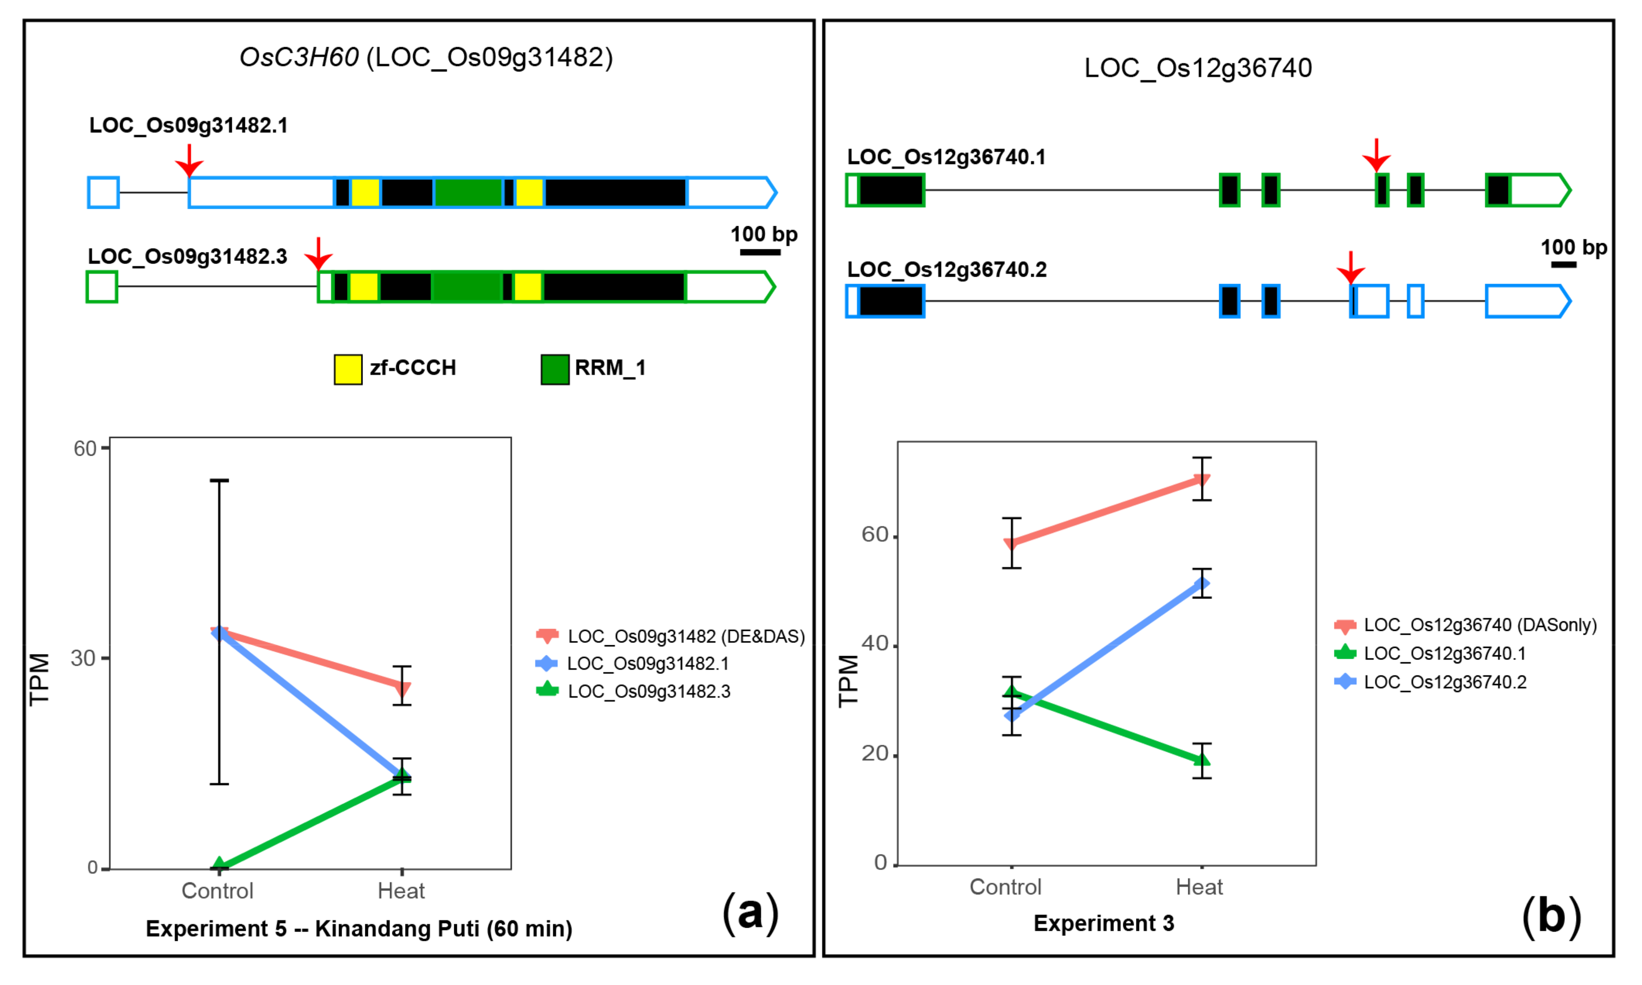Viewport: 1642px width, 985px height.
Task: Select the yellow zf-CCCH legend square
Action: click(348, 369)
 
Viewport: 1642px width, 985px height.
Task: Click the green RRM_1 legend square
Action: click(555, 369)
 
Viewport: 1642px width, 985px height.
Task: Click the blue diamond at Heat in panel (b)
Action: click(1201, 584)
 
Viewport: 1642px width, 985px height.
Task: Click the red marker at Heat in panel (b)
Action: click(1201, 480)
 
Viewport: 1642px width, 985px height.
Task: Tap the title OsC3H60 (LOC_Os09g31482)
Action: click(426, 58)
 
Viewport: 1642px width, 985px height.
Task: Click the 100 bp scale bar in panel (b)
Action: click(1564, 264)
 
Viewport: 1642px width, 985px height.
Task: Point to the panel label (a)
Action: click(750, 913)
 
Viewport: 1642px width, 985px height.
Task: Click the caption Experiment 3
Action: click(1104, 923)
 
